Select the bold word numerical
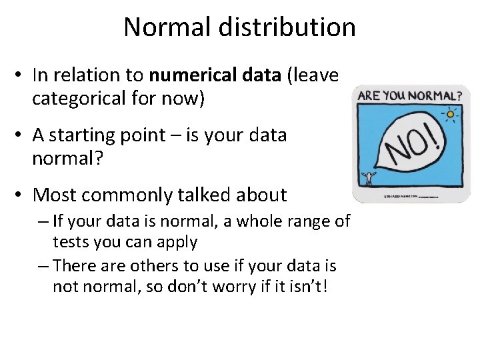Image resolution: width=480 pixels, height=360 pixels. pos(189,76)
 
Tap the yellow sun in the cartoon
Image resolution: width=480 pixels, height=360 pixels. pos(451,114)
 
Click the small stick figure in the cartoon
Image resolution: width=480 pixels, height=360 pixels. pos(368,178)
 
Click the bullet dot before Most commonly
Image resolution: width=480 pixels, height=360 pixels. pos(20,195)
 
